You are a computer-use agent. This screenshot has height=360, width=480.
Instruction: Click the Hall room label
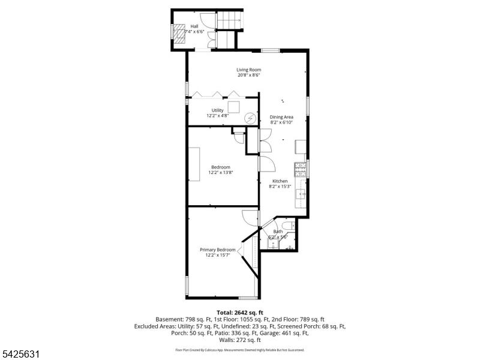194,26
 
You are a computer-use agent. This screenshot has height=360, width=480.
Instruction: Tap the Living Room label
248,70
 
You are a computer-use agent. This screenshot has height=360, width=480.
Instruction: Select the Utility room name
217,110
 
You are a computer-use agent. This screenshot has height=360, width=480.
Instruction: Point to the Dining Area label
281,117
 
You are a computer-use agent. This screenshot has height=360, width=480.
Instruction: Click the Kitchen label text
280,181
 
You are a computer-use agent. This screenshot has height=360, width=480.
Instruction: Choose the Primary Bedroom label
217,250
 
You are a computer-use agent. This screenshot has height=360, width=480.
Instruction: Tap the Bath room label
278,232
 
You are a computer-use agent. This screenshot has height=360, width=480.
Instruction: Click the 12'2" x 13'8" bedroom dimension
220,173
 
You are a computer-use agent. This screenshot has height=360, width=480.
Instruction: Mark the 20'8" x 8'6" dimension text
248,76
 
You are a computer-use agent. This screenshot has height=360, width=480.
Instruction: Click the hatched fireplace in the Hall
180,34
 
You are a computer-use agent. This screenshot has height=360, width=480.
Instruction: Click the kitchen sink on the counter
302,194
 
